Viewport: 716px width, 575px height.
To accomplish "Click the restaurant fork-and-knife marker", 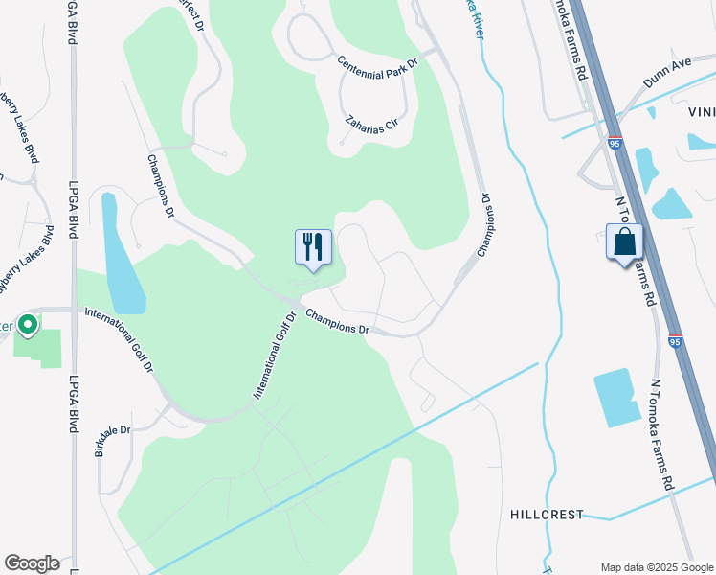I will (313, 247).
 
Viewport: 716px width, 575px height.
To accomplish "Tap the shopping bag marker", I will (623, 241).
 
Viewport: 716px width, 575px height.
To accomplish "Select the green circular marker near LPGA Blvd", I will (28, 326).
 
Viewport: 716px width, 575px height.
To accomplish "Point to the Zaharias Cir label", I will (371, 125).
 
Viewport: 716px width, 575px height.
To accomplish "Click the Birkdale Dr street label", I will (113, 435).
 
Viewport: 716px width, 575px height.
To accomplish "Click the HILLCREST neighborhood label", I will (547, 515).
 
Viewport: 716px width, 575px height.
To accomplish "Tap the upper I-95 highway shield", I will (615, 143).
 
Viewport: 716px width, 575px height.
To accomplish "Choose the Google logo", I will (32, 563).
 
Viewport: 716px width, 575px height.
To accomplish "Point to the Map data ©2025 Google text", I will (656, 566).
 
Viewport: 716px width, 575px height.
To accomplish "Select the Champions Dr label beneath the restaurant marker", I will (337, 321).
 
